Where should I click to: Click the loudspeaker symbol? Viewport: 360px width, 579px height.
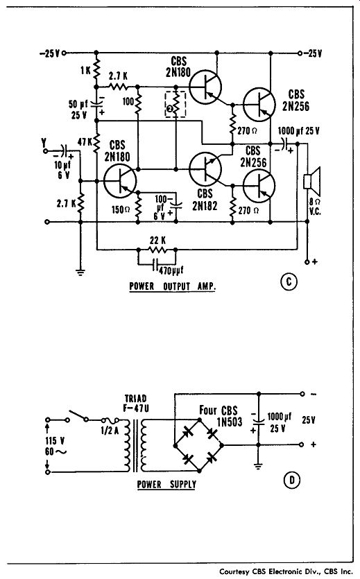(x=311, y=180)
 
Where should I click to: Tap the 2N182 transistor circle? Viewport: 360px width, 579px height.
(x=205, y=168)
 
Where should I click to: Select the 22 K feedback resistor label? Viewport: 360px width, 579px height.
(x=157, y=241)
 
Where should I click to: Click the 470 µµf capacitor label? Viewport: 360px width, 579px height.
(x=171, y=270)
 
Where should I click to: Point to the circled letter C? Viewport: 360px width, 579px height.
(x=289, y=282)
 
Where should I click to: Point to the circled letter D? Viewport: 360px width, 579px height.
(x=292, y=480)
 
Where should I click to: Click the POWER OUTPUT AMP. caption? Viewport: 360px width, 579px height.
(x=173, y=286)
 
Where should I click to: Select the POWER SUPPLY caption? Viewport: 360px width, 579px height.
(x=166, y=484)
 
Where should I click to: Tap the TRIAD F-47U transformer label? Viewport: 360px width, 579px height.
(x=135, y=404)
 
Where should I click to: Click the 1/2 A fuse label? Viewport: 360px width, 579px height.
(x=110, y=430)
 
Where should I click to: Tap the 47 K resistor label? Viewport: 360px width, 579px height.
(x=85, y=141)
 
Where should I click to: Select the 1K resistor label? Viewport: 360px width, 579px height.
(x=85, y=70)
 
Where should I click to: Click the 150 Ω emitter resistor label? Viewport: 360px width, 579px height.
(x=121, y=209)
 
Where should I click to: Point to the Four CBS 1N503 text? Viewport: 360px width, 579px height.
(x=220, y=416)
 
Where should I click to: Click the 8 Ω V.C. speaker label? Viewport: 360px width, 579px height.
(x=316, y=207)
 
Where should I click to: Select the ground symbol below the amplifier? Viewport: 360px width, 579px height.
(x=80, y=273)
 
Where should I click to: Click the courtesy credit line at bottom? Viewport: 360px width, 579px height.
(x=286, y=571)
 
